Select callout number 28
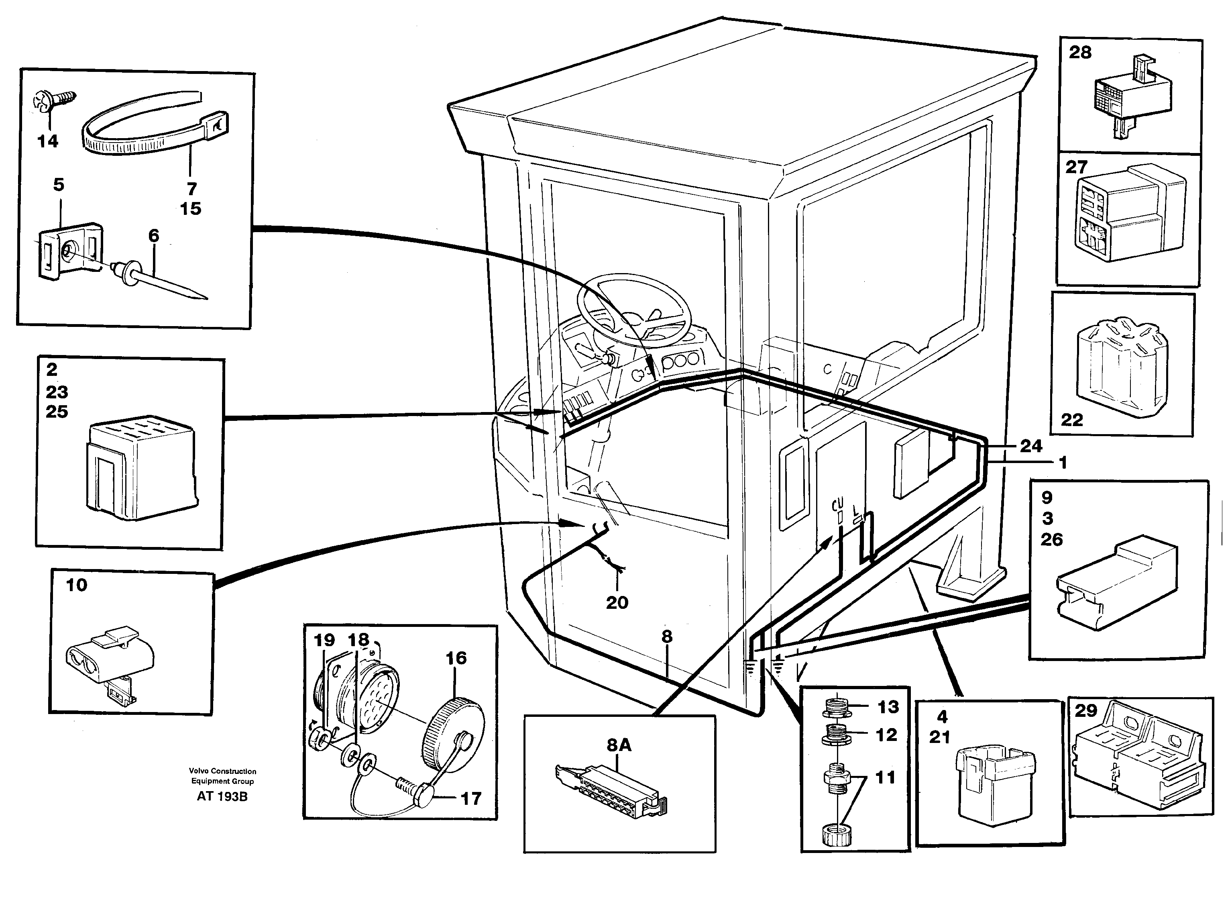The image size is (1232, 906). coord(1079,53)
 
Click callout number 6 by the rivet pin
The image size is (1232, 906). coord(153,236)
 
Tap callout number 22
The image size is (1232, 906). coord(1072,420)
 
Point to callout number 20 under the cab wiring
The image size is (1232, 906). coord(617,603)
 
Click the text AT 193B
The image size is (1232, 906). coord(222,796)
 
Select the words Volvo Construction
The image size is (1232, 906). coord(222,771)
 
